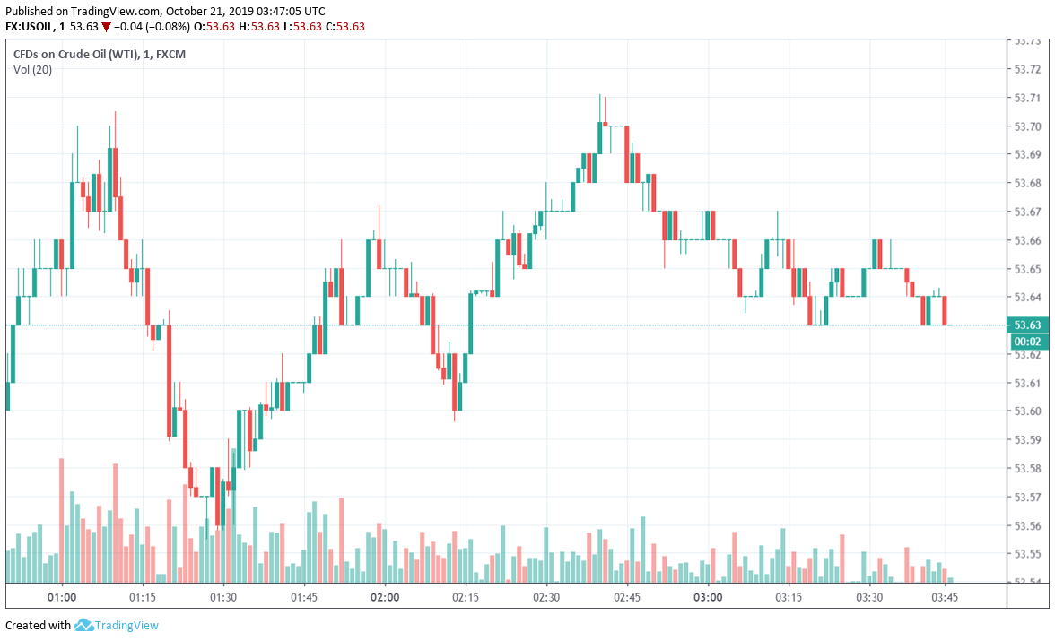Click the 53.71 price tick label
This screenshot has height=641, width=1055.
click(x=1025, y=98)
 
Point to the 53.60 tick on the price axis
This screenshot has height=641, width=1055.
click(x=1025, y=411)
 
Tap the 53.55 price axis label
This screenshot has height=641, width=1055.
click(x=1025, y=554)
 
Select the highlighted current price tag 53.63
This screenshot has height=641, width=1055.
click(x=1025, y=325)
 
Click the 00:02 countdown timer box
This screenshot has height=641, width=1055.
click(x=1025, y=342)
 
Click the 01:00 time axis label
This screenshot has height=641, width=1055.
click(x=61, y=597)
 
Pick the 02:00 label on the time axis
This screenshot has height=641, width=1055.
click(x=384, y=597)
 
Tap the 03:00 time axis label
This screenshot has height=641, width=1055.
click(x=707, y=597)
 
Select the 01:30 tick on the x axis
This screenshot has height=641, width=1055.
click(x=222, y=597)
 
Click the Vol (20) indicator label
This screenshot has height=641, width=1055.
click(x=32, y=70)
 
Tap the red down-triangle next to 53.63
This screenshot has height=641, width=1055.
click(x=106, y=27)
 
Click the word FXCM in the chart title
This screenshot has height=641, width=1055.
click(x=170, y=55)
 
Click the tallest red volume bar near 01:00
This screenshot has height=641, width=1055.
click(x=61, y=520)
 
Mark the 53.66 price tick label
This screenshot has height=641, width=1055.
click(x=1025, y=240)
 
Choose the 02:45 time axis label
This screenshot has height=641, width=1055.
click(x=626, y=597)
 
